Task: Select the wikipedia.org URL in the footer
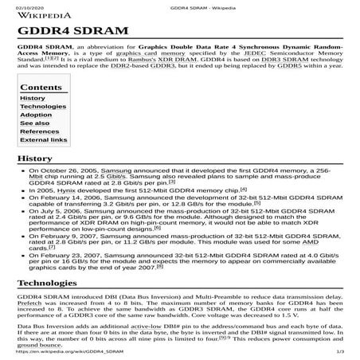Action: coord(65,351)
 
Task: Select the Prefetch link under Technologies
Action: coord(32,305)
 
